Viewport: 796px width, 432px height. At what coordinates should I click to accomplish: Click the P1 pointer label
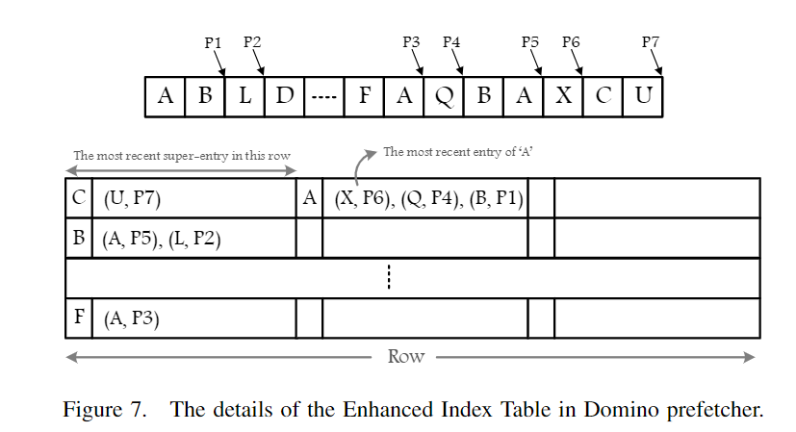coord(214,42)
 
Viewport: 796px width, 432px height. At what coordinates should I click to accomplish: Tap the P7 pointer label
coord(651,42)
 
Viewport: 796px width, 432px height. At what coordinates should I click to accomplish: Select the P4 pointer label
coord(451,42)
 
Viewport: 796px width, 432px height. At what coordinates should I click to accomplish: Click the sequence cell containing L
coord(244,97)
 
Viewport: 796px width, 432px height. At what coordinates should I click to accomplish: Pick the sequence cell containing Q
coord(444,97)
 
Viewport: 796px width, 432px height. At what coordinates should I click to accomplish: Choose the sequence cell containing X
coord(564,97)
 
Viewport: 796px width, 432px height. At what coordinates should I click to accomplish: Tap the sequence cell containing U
coord(643,97)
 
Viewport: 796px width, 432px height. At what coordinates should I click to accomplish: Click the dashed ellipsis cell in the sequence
coord(324,97)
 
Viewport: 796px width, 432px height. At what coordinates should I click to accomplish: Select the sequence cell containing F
coord(364,97)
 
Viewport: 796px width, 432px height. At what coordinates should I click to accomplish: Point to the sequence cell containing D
coord(285,97)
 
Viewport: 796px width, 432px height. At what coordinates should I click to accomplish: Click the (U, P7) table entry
coord(134,198)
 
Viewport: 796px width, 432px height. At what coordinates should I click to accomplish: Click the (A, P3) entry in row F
coord(131,318)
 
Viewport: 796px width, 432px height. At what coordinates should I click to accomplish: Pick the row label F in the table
coord(77,318)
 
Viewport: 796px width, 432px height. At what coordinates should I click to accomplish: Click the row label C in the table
coord(77,198)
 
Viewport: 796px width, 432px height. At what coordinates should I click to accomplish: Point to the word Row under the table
coord(405,356)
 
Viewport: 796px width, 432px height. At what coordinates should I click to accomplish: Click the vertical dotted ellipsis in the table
coord(389,278)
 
